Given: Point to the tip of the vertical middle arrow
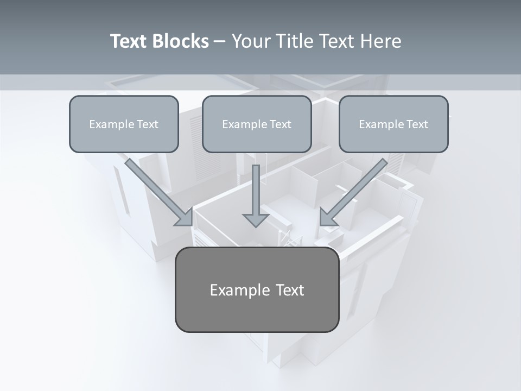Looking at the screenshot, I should click(256, 225).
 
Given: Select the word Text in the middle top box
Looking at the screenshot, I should click(281, 124).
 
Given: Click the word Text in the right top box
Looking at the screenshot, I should click(417, 124).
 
